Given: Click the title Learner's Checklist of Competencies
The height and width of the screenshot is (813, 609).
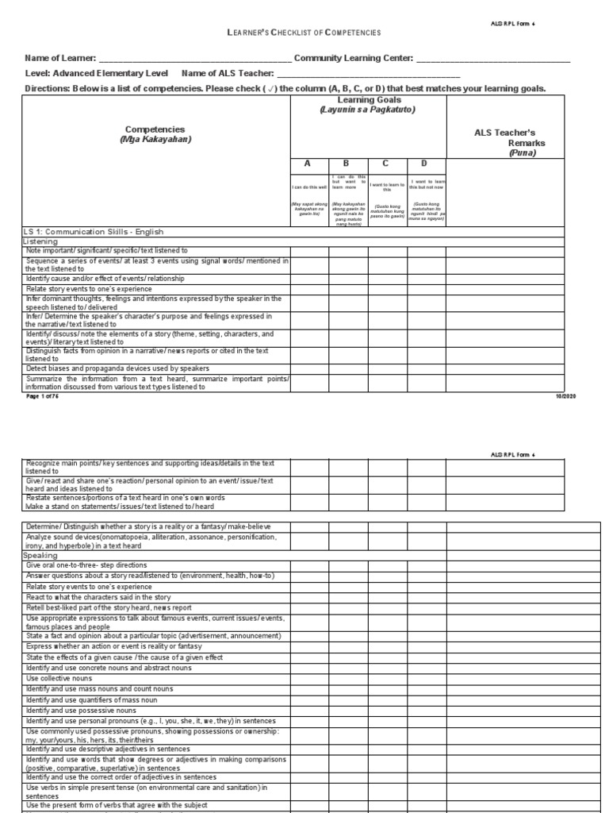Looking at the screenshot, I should pyautogui.click(x=304, y=33).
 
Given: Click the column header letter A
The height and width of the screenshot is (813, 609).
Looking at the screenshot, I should pyautogui.click(x=309, y=164).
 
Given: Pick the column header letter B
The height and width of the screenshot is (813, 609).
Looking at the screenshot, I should pyautogui.click(x=348, y=164).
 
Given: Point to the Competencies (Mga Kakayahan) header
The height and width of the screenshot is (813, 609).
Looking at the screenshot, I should pyautogui.click(x=155, y=134).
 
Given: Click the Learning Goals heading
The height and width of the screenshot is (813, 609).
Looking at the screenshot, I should pyautogui.click(x=368, y=105).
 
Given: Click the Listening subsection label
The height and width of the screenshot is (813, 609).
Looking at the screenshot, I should pyautogui.click(x=40, y=241).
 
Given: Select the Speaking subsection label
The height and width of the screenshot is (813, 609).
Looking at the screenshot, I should pyautogui.click(x=40, y=556).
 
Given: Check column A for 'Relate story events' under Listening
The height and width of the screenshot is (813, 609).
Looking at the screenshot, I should pyautogui.click(x=309, y=289).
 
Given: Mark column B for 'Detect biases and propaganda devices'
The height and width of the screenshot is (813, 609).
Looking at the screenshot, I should pyautogui.click(x=348, y=368).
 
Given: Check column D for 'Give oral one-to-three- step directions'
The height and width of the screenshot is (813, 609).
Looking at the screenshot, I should pyautogui.click(x=427, y=565).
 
